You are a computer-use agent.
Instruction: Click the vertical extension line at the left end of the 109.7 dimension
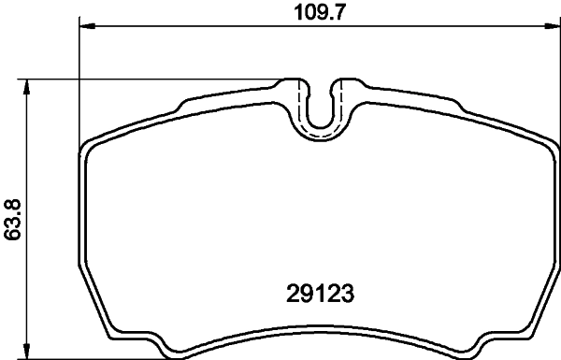click(x=79, y=84)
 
